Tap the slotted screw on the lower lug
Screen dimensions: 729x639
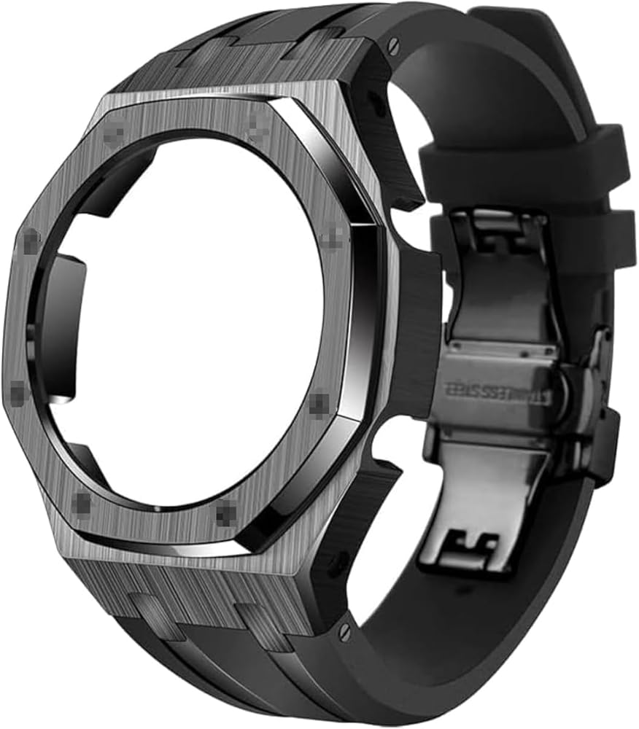[344, 628]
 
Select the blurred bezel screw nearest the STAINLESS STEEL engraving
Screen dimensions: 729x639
[319, 402]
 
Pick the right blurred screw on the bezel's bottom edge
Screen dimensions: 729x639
[226, 515]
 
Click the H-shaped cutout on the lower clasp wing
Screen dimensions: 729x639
[475, 543]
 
